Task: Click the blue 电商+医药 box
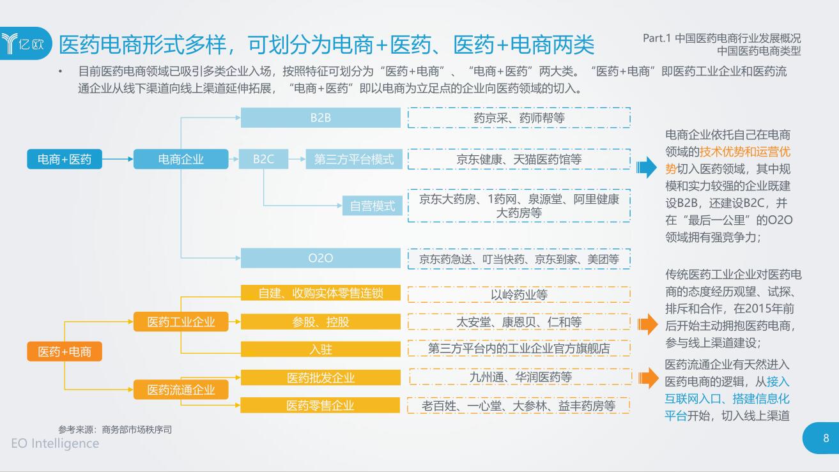click(x=65, y=159)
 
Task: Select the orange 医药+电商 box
click(x=65, y=351)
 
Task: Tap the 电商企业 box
click(x=181, y=159)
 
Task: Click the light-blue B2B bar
click(x=321, y=118)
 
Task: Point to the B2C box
click(x=263, y=159)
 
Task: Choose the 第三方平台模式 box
click(x=354, y=159)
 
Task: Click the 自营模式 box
click(x=373, y=206)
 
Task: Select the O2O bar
click(x=321, y=258)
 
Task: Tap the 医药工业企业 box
click(x=181, y=321)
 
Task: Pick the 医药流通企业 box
click(x=181, y=389)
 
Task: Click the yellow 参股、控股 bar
click(x=321, y=321)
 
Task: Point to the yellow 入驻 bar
click(x=321, y=349)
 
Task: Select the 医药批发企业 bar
click(x=321, y=377)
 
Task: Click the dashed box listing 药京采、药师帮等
click(x=519, y=118)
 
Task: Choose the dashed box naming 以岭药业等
click(x=519, y=294)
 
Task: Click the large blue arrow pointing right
click(x=647, y=168)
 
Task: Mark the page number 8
click(x=826, y=438)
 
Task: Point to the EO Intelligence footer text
click(x=55, y=443)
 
